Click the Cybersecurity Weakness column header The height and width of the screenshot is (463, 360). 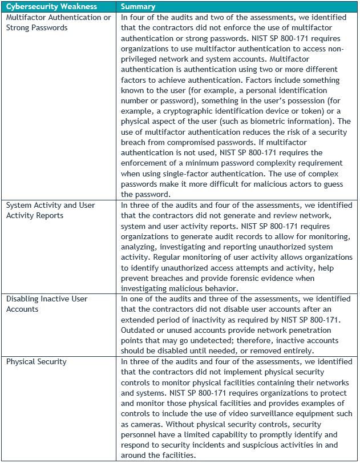pos(51,7)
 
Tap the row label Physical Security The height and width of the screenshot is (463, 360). pos(36,361)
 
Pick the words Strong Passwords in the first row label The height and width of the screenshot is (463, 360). pos(37,27)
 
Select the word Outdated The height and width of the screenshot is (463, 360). pos(139,330)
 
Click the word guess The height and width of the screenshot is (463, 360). pos(338,184)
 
